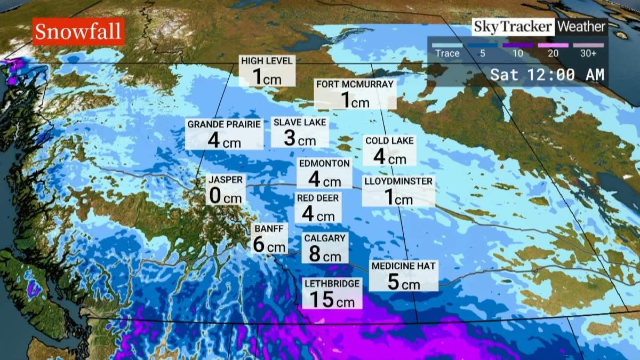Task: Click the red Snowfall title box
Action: tap(78, 32)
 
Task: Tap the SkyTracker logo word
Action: tap(513, 27)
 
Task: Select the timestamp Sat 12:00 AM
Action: tap(547, 74)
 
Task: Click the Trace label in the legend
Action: tap(447, 53)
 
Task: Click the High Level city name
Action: tap(267, 61)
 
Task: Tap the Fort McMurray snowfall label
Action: tap(355, 94)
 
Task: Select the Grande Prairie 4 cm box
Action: tap(224, 134)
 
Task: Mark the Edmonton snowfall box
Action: tap(324, 173)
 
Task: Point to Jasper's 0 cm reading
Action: tap(225, 197)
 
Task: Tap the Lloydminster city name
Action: tap(398, 181)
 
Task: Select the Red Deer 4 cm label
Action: tap(318, 207)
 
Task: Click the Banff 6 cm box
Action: tap(269, 238)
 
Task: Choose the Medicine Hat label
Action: tap(404, 266)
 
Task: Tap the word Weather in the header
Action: tap(582, 27)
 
